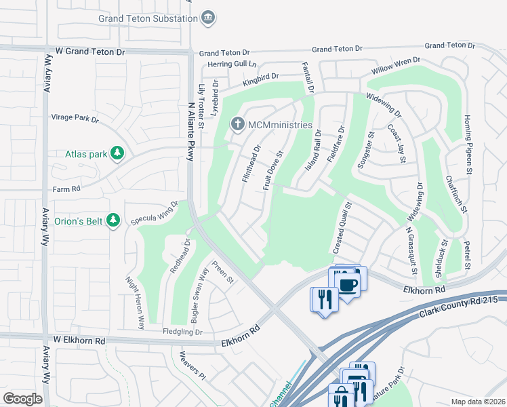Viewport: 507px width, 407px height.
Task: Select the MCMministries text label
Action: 279,125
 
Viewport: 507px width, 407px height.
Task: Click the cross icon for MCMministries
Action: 237,124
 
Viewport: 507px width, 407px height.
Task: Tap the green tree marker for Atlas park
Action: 118,153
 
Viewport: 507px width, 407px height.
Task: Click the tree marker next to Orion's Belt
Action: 113,220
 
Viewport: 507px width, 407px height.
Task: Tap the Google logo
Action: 22,398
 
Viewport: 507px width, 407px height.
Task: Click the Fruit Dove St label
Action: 273,170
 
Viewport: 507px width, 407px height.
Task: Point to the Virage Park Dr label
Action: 75,118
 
